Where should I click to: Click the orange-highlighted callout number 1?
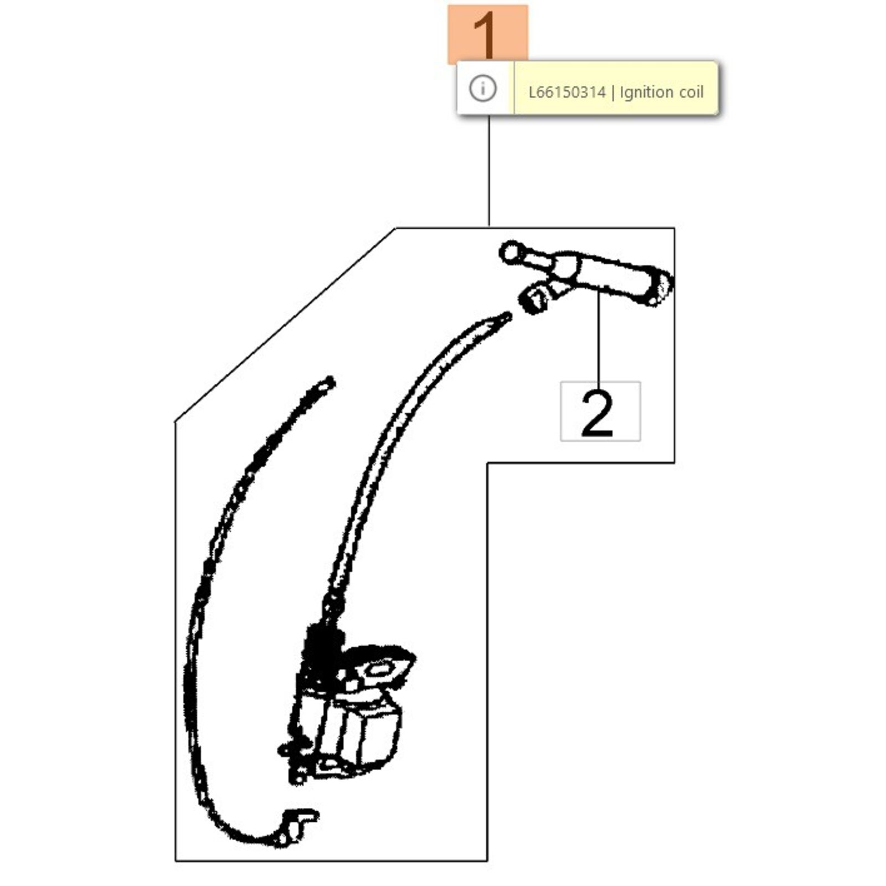(x=487, y=34)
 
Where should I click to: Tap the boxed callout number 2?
(x=600, y=411)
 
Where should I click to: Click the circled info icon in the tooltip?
(x=482, y=88)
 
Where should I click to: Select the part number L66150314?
(x=567, y=92)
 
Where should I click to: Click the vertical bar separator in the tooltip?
(x=612, y=92)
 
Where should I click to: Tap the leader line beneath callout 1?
(x=489, y=171)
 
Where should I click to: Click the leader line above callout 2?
(x=598, y=337)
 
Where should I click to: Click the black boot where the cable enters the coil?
(x=321, y=642)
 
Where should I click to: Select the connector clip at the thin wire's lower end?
(x=296, y=828)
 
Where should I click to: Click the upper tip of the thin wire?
(x=330, y=382)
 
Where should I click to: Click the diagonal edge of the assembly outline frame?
(x=285, y=324)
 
